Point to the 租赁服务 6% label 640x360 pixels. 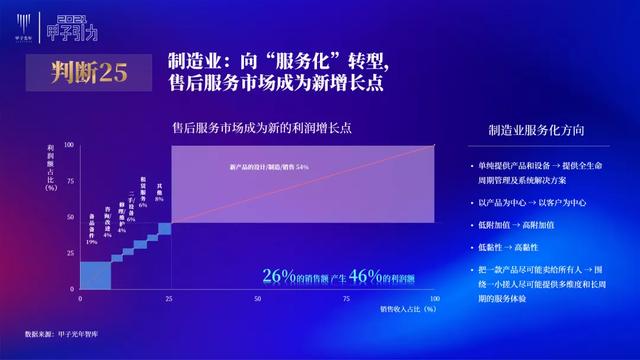[x=143, y=200]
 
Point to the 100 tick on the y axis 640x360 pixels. [x=70, y=144]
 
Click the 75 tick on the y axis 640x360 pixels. [x=71, y=180]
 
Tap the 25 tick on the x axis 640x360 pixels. [x=170, y=298]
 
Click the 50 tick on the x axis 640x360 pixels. [x=258, y=298]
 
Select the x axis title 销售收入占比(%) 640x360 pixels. [x=408, y=310]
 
